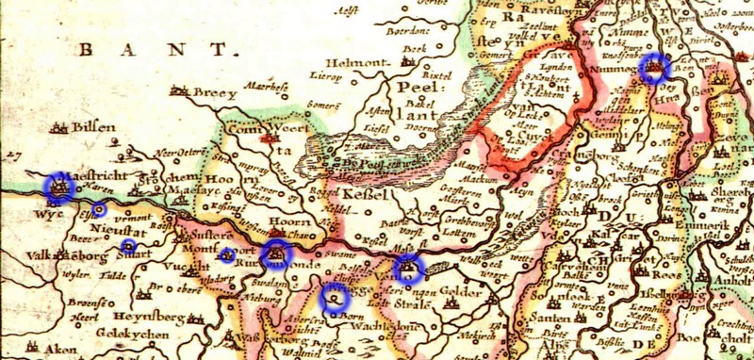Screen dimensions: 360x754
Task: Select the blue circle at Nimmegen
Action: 654,68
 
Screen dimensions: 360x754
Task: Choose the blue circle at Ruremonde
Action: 276,252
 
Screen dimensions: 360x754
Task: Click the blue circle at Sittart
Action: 129,246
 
